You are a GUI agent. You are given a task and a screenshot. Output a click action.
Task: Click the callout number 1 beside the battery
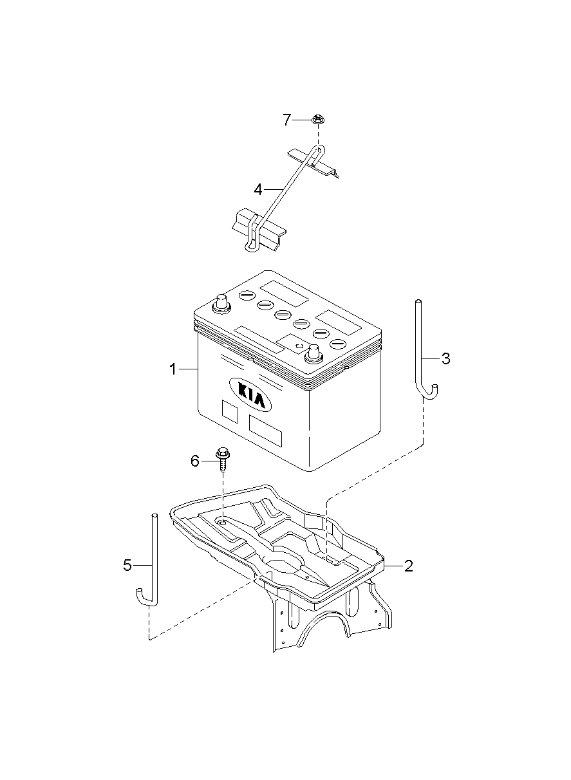(x=173, y=369)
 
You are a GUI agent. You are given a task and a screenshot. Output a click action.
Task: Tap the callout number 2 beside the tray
(x=408, y=566)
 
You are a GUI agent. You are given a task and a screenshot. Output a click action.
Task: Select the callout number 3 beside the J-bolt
(x=446, y=358)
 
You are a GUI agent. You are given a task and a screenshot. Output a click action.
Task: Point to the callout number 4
(x=258, y=190)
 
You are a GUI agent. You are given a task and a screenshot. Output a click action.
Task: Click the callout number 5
(x=127, y=565)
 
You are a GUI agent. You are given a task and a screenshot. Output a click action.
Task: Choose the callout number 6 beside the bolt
(x=195, y=461)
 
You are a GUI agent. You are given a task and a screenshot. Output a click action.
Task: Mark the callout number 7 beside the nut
(x=286, y=120)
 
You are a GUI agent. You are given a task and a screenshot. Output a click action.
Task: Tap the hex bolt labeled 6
(x=222, y=459)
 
